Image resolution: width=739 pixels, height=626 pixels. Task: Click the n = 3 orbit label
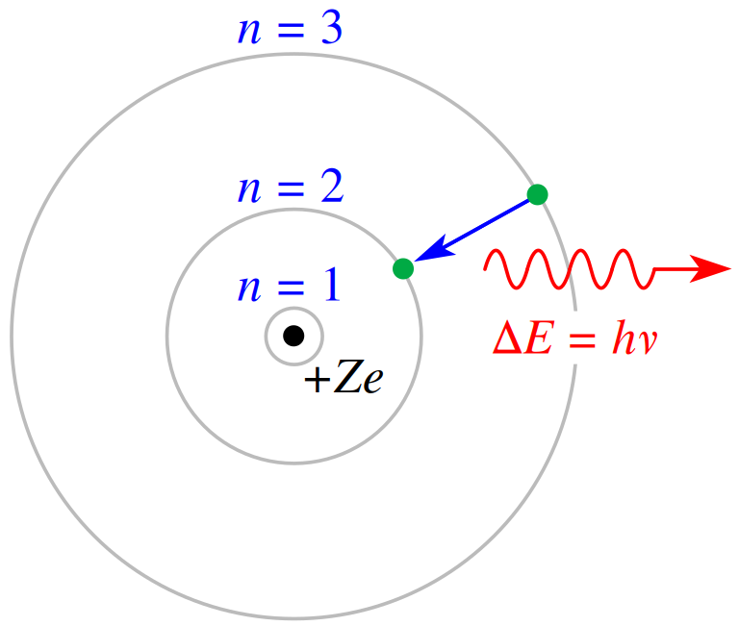pyautogui.click(x=291, y=29)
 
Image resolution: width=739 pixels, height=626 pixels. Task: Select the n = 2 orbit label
pyautogui.click(x=291, y=187)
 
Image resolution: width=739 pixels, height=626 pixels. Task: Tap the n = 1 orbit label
pyautogui.click(x=289, y=285)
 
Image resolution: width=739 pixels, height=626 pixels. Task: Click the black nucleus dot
pyautogui.click(x=293, y=336)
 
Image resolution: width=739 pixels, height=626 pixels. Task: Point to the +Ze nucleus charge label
pyautogui.click(x=344, y=376)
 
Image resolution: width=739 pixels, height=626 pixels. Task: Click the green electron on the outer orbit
pyautogui.click(x=537, y=194)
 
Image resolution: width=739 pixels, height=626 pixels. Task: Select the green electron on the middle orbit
pyautogui.click(x=403, y=268)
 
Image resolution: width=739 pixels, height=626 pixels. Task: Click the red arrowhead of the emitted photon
pyautogui.click(x=710, y=269)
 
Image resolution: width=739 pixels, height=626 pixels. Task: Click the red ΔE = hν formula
pyautogui.click(x=574, y=337)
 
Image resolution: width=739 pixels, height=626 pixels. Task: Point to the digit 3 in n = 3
pyautogui.click(x=332, y=29)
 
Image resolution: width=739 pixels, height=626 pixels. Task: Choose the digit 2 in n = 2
pyautogui.click(x=332, y=187)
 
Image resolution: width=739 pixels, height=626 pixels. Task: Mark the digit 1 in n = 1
pyautogui.click(x=332, y=284)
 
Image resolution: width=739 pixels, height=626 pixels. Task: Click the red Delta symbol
pyautogui.click(x=508, y=338)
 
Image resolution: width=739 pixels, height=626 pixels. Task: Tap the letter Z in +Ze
pyautogui.click(x=348, y=376)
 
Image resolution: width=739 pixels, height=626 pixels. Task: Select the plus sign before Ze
pyautogui.click(x=318, y=379)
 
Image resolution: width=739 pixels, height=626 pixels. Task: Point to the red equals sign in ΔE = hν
pyautogui.click(x=582, y=339)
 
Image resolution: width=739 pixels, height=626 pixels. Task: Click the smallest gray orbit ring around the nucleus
pyautogui.click(x=293, y=308)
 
